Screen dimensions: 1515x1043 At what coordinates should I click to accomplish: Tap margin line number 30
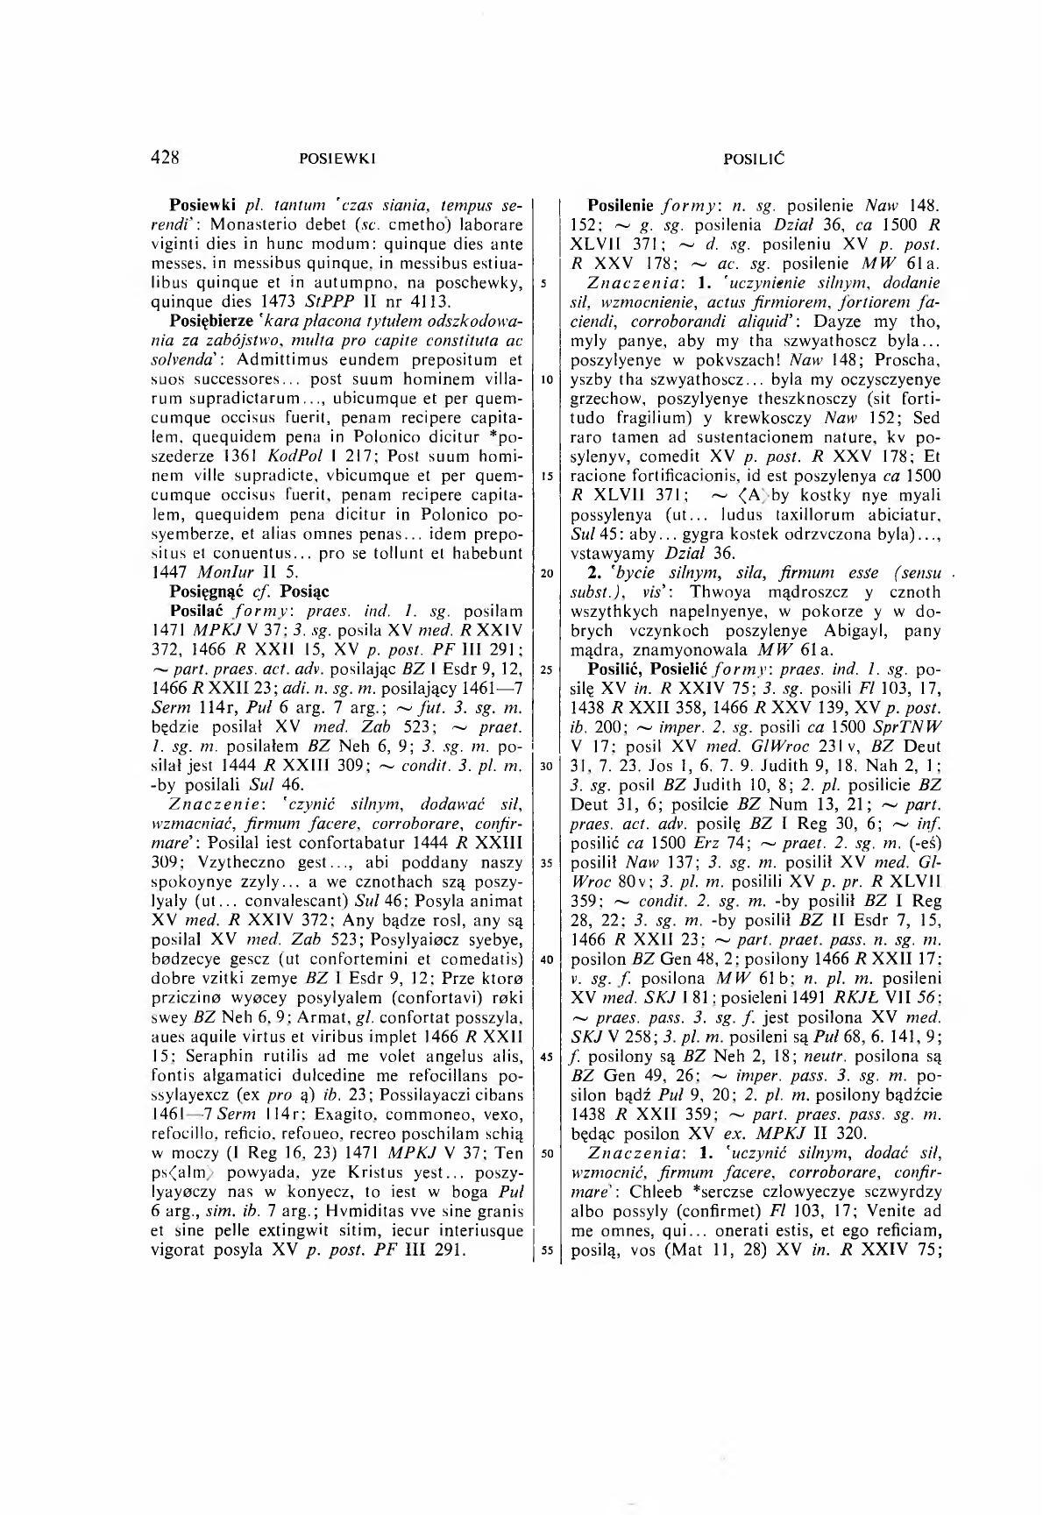point(545,764)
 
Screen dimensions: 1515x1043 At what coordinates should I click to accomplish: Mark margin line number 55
point(545,1250)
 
